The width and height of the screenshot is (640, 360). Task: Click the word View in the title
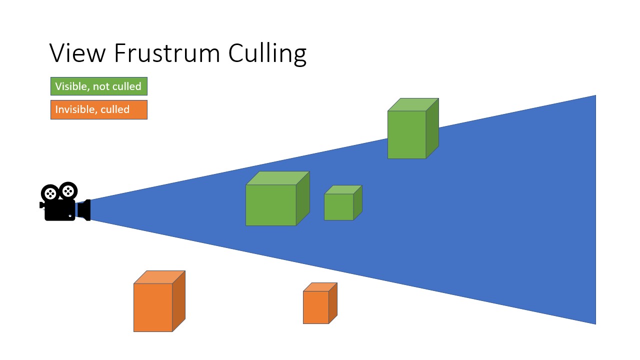tap(77, 52)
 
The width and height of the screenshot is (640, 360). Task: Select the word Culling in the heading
tap(267, 53)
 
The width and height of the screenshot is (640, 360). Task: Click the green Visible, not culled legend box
tap(99, 86)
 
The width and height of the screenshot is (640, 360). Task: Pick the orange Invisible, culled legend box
tap(99, 109)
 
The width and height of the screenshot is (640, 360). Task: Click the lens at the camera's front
tap(85, 210)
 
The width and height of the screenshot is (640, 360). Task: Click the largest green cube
tap(271, 205)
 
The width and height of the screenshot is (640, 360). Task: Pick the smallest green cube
tap(339, 206)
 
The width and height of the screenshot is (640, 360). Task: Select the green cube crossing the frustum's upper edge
tap(407, 134)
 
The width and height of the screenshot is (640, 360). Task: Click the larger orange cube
tap(153, 307)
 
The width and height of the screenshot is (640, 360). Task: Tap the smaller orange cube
tap(316, 307)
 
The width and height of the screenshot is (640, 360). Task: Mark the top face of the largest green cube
tap(278, 178)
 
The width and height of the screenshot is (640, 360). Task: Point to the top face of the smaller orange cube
tap(320, 286)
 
